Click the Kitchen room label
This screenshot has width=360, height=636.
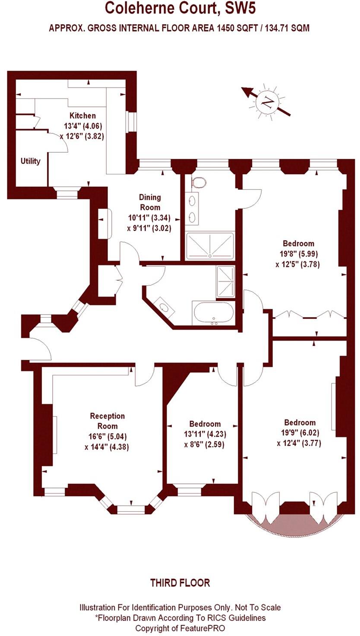82,116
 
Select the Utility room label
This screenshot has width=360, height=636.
30,161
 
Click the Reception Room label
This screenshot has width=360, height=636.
107,421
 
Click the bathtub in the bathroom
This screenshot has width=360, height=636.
213,313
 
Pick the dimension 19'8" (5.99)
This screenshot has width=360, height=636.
298,254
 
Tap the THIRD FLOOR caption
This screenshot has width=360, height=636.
180,583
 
